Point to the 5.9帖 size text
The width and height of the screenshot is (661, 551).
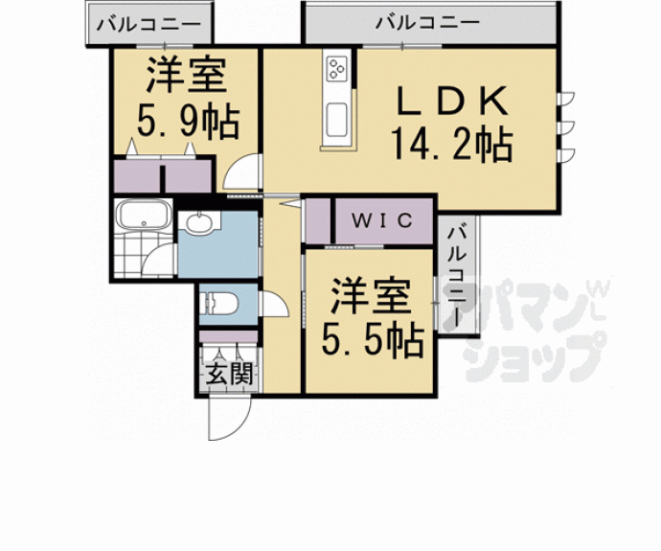187,122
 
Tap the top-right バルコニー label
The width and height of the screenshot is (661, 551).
428,22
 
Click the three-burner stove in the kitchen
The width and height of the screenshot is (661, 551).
337,68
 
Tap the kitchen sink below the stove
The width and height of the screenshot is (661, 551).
337,121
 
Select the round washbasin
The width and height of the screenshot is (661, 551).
198,224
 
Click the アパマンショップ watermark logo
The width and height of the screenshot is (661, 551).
536,331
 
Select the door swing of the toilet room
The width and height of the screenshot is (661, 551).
271,305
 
